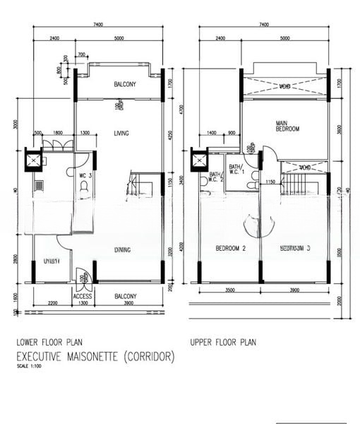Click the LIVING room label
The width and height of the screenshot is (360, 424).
point(119,133)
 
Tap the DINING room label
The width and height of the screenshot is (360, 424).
point(121,249)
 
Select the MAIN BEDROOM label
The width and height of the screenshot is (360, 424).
point(287,125)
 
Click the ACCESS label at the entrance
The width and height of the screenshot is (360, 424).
point(83,297)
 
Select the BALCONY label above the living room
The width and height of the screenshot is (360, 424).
point(126,85)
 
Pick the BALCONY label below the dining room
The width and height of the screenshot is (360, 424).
point(126,296)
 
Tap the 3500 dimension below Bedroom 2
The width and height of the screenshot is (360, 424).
point(229,290)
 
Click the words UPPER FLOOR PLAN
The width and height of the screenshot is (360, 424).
point(223,342)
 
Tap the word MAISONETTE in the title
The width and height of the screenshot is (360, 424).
point(96,357)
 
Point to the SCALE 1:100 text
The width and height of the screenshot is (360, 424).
point(30,366)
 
